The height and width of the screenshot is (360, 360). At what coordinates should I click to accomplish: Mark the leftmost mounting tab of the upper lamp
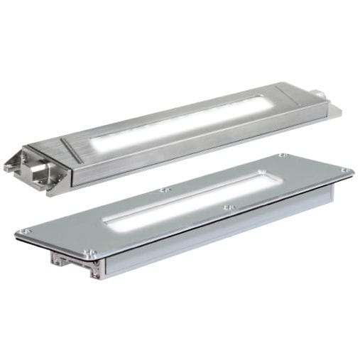(x=11, y=165)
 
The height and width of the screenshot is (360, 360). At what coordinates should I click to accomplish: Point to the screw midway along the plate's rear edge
(x=165, y=189)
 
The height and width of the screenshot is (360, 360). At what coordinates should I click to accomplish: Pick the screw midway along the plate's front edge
(x=227, y=207)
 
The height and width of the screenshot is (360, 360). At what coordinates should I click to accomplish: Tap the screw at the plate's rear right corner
(x=283, y=154)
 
